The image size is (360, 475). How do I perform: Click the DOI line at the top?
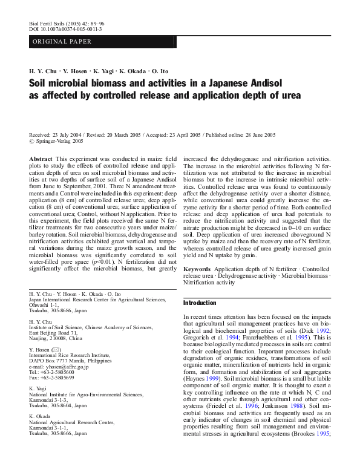(66, 28)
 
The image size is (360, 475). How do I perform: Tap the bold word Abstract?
(41, 158)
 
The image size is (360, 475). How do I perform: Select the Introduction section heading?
(200, 303)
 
